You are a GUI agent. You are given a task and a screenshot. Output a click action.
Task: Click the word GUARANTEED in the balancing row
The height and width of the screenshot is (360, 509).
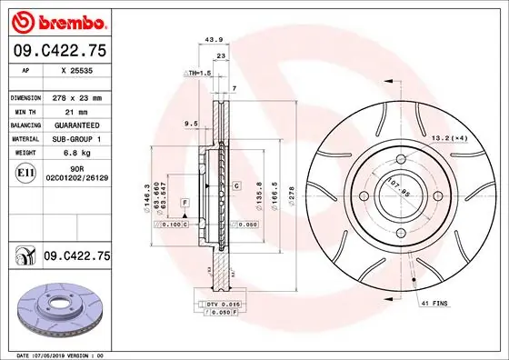(x=76, y=125)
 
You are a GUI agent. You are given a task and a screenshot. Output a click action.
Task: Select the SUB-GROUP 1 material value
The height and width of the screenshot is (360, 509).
(x=76, y=139)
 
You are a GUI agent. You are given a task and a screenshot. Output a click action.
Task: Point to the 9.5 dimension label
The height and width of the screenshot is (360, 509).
(x=191, y=123)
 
